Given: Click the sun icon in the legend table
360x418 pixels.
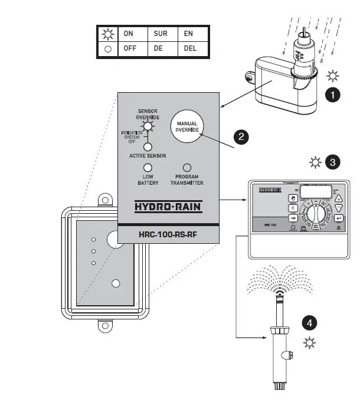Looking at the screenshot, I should pyautogui.click(x=107, y=34).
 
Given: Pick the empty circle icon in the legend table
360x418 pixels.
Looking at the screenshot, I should pyautogui.click(x=107, y=49).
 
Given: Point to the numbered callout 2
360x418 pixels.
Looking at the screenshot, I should pyautogui.click(x=240, y=137).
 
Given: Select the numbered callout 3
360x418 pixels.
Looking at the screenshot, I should pyautogui.click(x=333, y=161).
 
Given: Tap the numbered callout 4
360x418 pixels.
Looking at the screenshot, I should pyautogui.click(x=309, y=323).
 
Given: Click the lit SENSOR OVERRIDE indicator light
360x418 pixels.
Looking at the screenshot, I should pyautogui.click(x=148, y=126).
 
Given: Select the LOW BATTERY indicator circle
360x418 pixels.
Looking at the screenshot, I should pyautogui.click(x=148, y=168).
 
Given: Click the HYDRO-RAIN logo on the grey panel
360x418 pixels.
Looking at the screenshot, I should pyautogui.click(x=169, y=208).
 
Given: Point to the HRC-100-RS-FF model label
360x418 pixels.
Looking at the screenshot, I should pyautogui.click(x=169, y=234).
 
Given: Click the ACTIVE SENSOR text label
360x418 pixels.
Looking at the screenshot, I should pyautogui.click(x=148, y=156).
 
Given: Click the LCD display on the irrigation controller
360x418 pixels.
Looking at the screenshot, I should pyautogui.click(x=316, y=192).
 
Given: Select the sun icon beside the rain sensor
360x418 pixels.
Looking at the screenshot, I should pyautogui.click(x=333, y=76).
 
